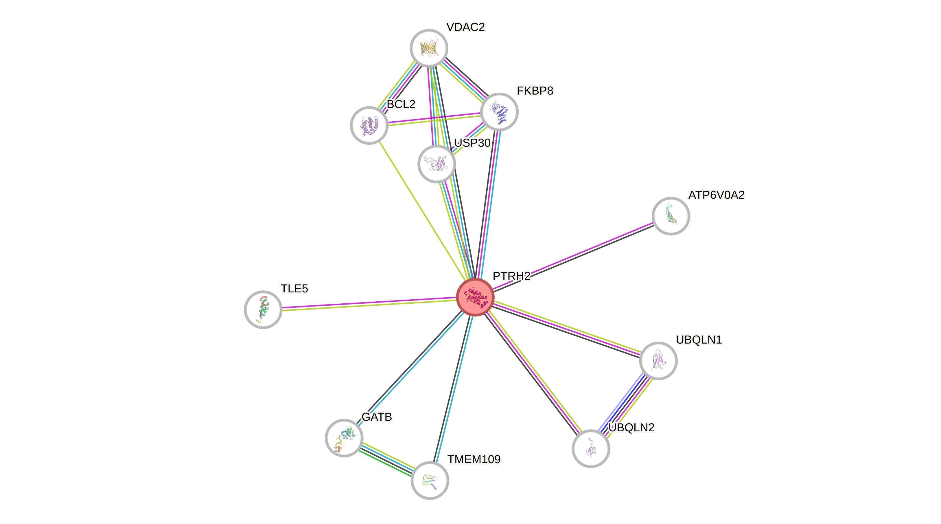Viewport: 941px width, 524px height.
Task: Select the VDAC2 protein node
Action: click(429, 48)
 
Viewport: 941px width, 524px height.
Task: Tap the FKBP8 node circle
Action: click(499, 111)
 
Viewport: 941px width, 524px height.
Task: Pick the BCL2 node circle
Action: click(369, 125)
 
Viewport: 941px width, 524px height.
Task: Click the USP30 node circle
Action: click(437, 164)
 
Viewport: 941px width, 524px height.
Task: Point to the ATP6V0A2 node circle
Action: click(671, 216)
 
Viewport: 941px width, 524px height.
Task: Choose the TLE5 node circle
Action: click(263, 309)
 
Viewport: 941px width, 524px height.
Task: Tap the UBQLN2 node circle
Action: click(591, 448)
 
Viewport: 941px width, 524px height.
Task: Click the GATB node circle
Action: click(344, 438)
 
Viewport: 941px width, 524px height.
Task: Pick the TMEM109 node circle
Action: click(430, 480)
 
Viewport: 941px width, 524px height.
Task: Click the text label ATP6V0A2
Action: click(716, 195)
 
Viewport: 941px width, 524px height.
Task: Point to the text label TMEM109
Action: click(474, 459)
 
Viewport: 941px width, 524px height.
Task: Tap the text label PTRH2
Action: click(511, 276)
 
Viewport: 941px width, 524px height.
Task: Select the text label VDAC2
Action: click(465, 27)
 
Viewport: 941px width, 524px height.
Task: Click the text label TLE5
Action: click(294, 289)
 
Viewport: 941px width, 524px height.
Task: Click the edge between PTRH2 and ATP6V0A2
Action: click(574, 256)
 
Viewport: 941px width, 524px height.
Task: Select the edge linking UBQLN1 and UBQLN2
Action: click(625, 404)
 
